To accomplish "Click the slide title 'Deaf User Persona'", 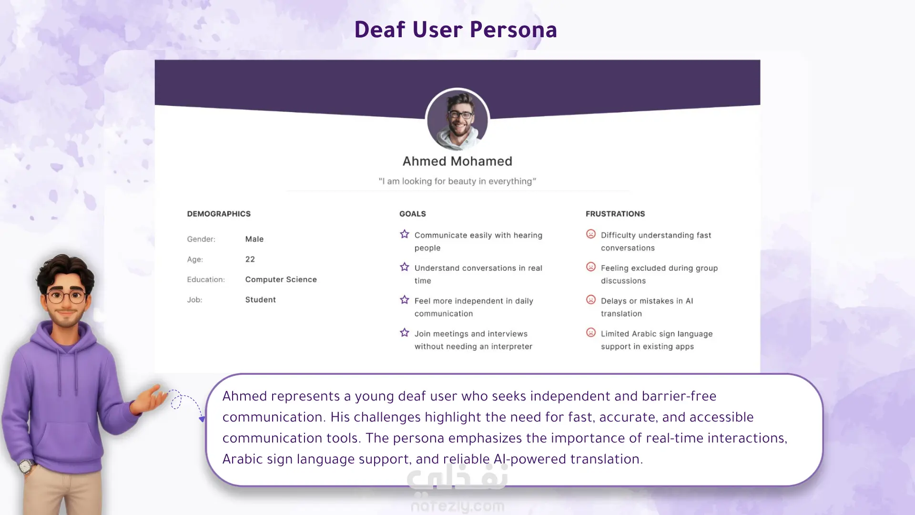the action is pos(456,30).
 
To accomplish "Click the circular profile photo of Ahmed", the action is pos(457,120).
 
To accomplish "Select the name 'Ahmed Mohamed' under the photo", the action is pos(457,161).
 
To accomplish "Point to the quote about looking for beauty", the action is pos(457,181).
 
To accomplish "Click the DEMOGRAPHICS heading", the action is pos(219,214).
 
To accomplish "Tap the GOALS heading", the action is pos(413,214).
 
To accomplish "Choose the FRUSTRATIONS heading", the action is pos(615,214).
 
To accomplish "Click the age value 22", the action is pos(250,259).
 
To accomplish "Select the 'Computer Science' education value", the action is pos(281,279).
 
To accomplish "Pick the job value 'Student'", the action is pos(261,299).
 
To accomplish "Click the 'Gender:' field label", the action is pos(201,239).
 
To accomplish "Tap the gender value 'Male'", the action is pos(254,239).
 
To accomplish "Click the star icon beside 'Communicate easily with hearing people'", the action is pos(405,234).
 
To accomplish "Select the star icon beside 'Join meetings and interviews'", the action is pos(405,333).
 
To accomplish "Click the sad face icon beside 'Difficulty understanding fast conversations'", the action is pos(591,234).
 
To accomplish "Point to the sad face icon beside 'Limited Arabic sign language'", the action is pos(591,333).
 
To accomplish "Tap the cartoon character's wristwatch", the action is pos(26,465).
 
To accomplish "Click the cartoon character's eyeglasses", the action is pos(66,297).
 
